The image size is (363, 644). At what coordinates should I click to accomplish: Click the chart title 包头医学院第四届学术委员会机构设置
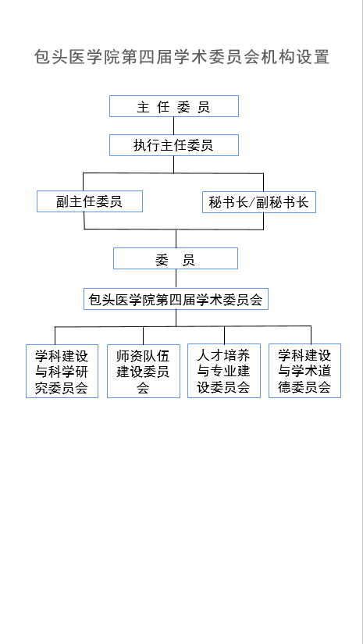(181, 57)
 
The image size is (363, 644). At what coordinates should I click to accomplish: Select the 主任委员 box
(174, 106)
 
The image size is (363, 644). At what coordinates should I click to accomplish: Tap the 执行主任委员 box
(174, 145)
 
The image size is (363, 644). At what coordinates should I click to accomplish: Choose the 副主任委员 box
(90, 201)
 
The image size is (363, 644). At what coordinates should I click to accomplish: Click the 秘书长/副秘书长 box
(259, 202)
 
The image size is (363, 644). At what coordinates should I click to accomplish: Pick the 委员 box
(176, 258)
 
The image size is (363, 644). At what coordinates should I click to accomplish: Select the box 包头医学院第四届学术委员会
(176, 299)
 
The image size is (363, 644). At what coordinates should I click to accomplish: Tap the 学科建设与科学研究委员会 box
(62, 372)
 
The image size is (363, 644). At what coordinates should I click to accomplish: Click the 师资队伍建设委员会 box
(144, 372)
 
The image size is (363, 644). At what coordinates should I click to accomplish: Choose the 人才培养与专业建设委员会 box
(224, 371)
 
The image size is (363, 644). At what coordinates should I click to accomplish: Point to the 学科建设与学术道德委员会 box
(304, 371)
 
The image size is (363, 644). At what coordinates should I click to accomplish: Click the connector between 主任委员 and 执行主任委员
(174, 126)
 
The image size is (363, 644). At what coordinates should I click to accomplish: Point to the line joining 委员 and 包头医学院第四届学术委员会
(176, 279)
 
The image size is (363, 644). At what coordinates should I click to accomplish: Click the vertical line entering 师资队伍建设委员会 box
(144, 336)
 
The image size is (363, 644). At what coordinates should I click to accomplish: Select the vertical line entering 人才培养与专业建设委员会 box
(224, 335)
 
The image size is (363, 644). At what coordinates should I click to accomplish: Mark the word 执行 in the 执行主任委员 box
(147, 145)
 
